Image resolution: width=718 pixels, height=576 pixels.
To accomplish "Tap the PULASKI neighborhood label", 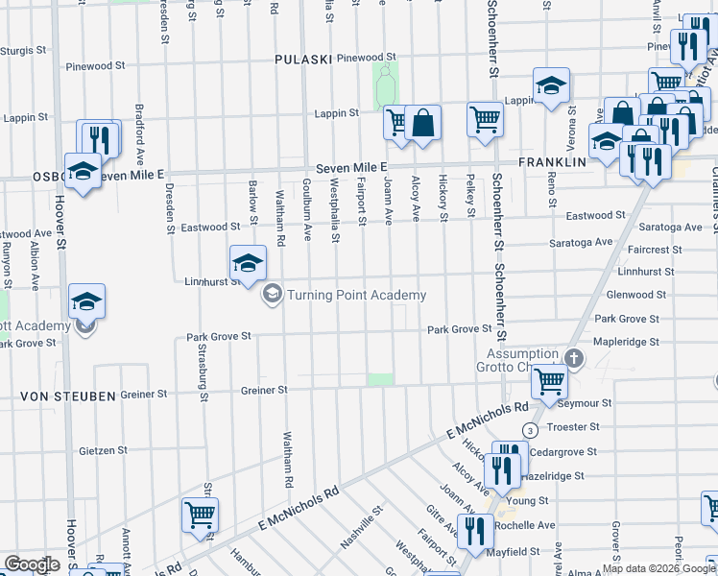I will (302, 60).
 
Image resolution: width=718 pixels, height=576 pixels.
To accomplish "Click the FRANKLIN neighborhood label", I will (552, 163).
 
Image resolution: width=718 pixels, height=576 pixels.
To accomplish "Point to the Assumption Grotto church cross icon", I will (574, 358).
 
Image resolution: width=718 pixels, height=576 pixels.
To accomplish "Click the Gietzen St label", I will (104, 450).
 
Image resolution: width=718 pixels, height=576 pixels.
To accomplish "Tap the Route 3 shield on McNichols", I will (530, 430).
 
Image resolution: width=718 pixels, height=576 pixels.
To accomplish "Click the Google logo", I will (31, 564).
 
